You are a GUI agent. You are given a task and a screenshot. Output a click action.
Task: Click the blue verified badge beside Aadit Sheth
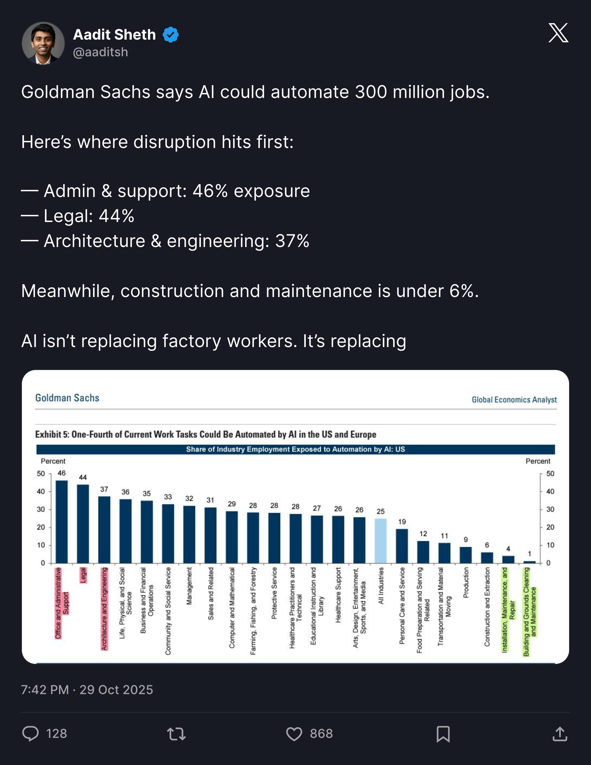[171, 35]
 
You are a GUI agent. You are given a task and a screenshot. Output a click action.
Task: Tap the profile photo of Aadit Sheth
[43, 43]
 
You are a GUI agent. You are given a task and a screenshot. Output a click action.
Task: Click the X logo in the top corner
[558, 33]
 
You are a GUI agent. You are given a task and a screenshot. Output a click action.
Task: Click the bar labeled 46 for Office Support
[62, 522]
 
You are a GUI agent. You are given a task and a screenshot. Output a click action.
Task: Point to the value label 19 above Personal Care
[402, 522]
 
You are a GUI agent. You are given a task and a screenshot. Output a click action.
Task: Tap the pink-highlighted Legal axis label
[83, 575]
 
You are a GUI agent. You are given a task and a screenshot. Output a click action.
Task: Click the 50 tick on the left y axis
[41, 474]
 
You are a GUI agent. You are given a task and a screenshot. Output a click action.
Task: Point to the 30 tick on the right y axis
[550, 509]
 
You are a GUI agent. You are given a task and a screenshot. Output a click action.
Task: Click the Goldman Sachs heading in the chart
[67, 398]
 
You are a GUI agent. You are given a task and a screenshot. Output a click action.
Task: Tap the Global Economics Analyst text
[514, 400]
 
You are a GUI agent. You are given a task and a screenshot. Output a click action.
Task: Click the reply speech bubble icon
[30, 733]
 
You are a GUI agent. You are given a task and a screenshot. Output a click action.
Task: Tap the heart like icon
[294, 734]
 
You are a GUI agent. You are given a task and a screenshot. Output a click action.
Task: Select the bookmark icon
[443, 734]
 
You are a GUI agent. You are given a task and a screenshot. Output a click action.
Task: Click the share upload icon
[559, 734]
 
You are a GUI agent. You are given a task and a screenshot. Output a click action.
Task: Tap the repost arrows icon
[176, 734]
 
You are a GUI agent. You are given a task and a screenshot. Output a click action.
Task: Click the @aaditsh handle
[101, 52]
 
